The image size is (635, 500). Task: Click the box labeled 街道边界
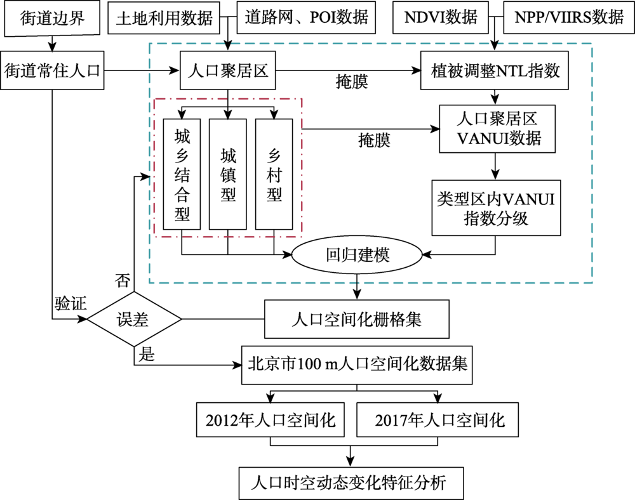[52, 18]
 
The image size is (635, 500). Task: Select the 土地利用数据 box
[164, 18]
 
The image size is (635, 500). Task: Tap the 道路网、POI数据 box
[306, 17]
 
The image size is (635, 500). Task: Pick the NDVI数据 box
[441, 17]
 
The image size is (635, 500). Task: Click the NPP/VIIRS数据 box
[568, 17]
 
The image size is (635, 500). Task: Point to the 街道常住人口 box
[52, 70]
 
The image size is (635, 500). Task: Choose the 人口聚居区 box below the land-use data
[227, 70]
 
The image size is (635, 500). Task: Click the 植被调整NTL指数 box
[495, 70]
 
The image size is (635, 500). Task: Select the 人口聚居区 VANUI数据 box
[497, 129]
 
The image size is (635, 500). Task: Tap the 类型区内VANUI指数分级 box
[496, 208]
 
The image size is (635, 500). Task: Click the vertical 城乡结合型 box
[182, 174]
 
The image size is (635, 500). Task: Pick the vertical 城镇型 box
[227, 174]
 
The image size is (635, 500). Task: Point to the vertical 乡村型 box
[274, 174]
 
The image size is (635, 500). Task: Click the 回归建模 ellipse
[357, 255]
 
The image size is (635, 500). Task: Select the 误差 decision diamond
[134, 319]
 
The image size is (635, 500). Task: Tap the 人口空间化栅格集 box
[357, 319]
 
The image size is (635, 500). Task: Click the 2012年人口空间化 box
[271, 420]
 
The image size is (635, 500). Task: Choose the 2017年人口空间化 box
[438, 420]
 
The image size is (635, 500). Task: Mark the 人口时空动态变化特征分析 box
[351, 484]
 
